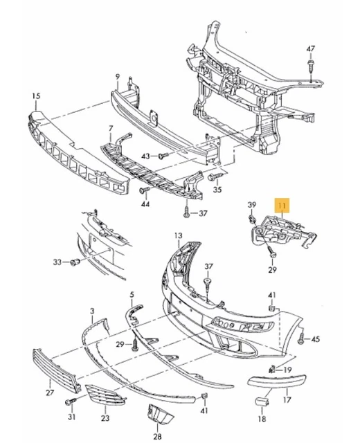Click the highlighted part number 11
[x=282, y=206]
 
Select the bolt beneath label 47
[x=311, y=66]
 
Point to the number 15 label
[x=36, y=95]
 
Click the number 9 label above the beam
[x=118, y=75]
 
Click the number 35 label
[x=217, y=189]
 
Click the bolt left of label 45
[x=300, y=339]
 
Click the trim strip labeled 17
[x=270, y=381]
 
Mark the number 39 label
[x=252, y=204]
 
